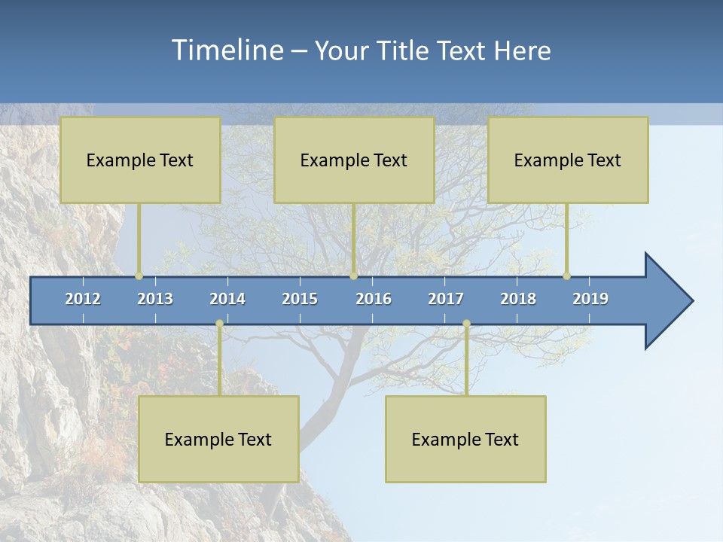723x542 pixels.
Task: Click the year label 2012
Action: (83, 299)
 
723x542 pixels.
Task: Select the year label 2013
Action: (155, 299)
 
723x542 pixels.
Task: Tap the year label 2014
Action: (227, 299)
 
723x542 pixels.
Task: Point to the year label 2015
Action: (300, 299)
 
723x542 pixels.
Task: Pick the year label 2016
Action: (374, 299)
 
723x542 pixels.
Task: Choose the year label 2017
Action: (446, 299)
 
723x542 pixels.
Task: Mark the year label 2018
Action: (518, 299)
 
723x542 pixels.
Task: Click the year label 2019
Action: (590, 299)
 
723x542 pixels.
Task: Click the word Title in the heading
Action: (404, 51)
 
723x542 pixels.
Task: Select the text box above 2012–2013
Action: (140, 160)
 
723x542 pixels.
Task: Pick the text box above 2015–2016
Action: (354, 160)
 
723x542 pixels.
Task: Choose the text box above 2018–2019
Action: (568, 160)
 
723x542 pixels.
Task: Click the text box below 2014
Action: (218, 439)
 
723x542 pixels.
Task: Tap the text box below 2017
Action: (465, 439)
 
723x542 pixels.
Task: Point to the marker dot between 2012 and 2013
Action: (139, 276)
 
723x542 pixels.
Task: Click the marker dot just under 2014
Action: (219, 324)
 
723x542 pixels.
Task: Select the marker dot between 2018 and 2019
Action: (566, 276)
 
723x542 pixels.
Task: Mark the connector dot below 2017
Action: (466, 324)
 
